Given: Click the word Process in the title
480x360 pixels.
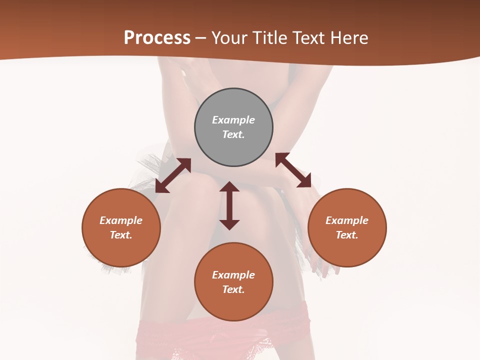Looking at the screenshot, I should click(157, 38).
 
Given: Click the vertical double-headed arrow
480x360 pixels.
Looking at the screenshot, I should click(229, 205).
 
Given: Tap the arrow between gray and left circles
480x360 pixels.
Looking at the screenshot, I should click(173, 175).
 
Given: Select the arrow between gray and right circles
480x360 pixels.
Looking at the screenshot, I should click(293, 170).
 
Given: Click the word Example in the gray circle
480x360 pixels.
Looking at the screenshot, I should click(233, 120).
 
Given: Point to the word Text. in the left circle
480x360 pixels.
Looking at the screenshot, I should click(121, 235).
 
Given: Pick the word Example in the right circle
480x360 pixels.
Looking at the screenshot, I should click(347, 220).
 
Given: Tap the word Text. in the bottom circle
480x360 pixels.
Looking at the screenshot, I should click(233, 289).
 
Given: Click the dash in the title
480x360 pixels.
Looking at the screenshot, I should click(200, 38).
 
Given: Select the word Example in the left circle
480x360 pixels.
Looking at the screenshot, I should click(121, 220).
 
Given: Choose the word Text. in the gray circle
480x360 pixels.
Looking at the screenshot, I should click(233, 134).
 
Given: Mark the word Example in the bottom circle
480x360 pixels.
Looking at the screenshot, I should click(233, 275).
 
